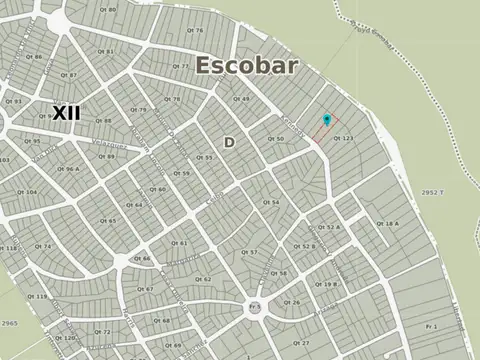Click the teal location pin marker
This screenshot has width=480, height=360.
point(326,121)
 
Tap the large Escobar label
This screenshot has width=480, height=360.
point(247,66)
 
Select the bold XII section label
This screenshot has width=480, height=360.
point(66,112)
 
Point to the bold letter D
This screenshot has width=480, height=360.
point(229,142)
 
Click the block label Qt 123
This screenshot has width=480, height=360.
point(344,137)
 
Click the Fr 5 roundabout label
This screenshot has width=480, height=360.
point(255,305)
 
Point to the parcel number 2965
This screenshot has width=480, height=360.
point(9,323)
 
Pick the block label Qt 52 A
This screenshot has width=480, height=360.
point(329,228)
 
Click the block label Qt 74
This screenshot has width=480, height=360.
point(42,245)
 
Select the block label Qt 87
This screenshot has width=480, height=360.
point(68,75)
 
